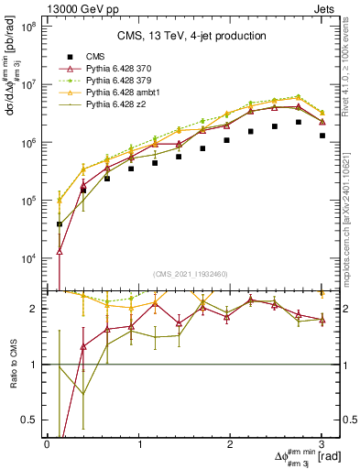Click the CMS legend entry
pos(96,55)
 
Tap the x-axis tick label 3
pos(322,443)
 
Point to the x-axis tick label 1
pos(139,443)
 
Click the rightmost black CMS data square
pos(322,136)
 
